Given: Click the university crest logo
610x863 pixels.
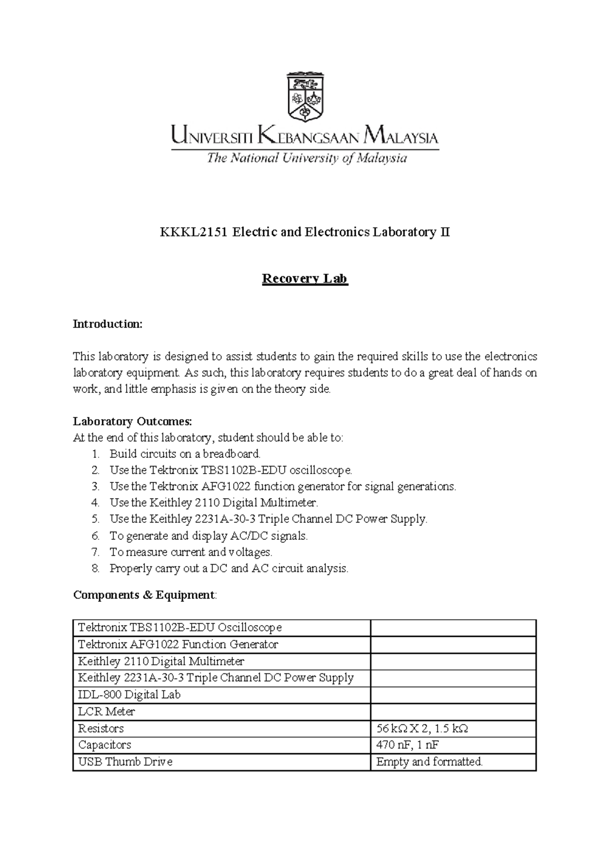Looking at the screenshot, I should [x=305, y=97].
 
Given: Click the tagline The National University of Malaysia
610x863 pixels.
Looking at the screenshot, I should [x=307, y=158].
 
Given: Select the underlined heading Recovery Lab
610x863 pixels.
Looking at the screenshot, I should [x=304, y=279].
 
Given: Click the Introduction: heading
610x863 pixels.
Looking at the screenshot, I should [x=108, y=324].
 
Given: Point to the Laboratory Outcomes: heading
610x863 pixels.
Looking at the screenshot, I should [x=133, y=421].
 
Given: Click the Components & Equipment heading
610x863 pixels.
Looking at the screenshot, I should [x=144, y=595].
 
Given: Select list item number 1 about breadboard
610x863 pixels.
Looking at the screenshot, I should [x=185, y=453].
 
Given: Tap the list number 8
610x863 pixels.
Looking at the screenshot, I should [x=95, y=568].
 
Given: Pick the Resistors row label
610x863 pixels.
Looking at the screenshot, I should [x=101, y=728].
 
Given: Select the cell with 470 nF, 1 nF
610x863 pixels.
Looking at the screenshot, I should [x=407, y=745].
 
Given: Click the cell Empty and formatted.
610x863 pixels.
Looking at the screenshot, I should [x=429, y=762].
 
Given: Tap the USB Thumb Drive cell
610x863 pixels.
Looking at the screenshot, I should [x=125, y=762].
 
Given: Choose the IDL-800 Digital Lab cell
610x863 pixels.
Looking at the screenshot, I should [x=129, y=695].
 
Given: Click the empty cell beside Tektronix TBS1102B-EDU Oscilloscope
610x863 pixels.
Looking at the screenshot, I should [x=453, y=628].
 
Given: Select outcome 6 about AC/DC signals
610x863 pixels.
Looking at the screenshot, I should [x=208, y=536].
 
